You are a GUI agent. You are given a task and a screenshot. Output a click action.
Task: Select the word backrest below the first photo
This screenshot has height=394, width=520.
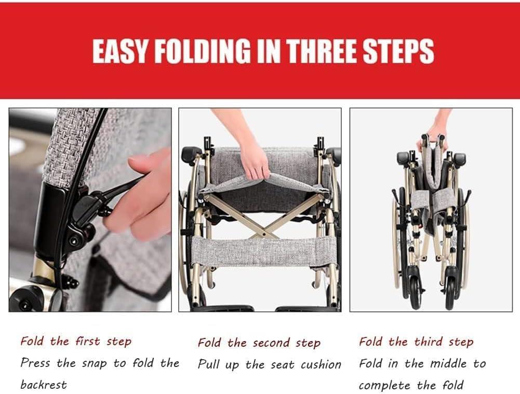click(x=44, y=385)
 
